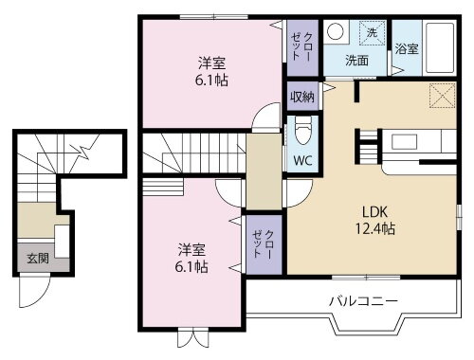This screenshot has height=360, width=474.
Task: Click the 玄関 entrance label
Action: click(36, 257)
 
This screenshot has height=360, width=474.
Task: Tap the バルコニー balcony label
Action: click(363, 301)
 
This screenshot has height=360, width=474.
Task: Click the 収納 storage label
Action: click(301, 96)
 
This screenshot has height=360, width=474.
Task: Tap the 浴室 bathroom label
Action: click(407, 47)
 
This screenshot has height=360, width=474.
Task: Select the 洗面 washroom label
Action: click(356, 61)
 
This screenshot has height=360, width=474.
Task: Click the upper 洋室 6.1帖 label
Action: click(211, 72)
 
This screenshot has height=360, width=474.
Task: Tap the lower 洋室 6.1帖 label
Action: click(192, 258)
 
